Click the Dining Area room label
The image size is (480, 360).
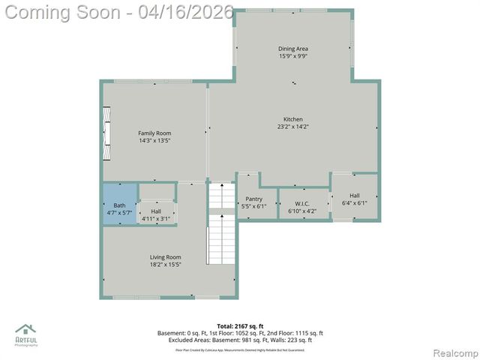point(292,49)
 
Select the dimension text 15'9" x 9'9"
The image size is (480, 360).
point(292,56)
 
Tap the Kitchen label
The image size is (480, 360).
point(292,120)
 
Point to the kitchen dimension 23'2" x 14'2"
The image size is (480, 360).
point(292,127)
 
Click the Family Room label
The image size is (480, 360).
point(154,133)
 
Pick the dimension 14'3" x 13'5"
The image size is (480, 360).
point(154,140)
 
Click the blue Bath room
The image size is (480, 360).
point(120,204)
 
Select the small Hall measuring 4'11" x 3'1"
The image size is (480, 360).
point(156,215)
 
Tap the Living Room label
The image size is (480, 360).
point(165,257)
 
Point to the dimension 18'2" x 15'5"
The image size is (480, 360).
point(165,265)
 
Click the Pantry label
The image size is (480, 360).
point(253,199)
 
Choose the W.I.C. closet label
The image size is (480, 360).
point(302,204)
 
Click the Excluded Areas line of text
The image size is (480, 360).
point(240,339)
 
